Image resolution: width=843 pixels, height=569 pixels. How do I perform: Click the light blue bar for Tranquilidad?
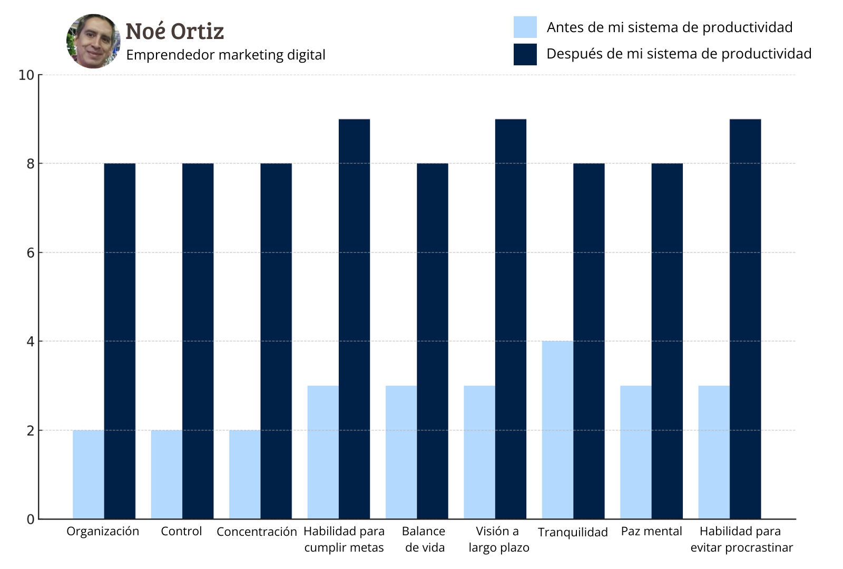(x=557, y=430)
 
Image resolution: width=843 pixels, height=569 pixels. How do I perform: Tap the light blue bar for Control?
(x=166, y=474)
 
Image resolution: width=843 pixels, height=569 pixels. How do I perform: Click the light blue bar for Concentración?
(x=244, y=474)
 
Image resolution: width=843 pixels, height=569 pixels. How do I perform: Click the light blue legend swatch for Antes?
(x=525, y=27)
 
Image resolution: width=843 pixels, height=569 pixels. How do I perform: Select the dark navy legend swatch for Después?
(x=525, y=54)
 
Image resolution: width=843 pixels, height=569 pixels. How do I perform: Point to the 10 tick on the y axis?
(x=26, y=75)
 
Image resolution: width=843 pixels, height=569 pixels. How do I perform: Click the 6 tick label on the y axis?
(x=31, y=253)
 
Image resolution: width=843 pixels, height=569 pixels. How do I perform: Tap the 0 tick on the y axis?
(x=31, y=519)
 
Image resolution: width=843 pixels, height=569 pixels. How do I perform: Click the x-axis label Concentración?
(x=257, y=532)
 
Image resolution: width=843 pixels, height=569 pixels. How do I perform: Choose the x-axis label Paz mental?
(x=651, y=532)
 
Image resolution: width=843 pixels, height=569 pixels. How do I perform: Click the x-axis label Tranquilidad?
(x=573, y=532)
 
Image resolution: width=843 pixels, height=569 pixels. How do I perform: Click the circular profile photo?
(x=93, y=41)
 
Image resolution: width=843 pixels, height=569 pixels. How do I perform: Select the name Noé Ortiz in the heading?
(x=174, y=32)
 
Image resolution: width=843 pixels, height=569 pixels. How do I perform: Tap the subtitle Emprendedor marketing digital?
(x=226, y=55)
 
